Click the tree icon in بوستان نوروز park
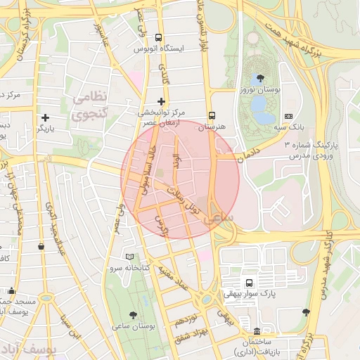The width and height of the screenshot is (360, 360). click(261, 79)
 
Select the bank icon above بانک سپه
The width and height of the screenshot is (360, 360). click(288, 116)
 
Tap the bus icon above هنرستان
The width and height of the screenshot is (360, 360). click(212, 117)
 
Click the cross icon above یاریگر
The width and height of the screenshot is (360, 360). click(46, 117)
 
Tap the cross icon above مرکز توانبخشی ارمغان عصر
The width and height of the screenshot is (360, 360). click(162, 101)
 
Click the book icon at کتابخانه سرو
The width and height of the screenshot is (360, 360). click(128, 257)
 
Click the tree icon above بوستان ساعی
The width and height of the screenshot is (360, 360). click(134, 315)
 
